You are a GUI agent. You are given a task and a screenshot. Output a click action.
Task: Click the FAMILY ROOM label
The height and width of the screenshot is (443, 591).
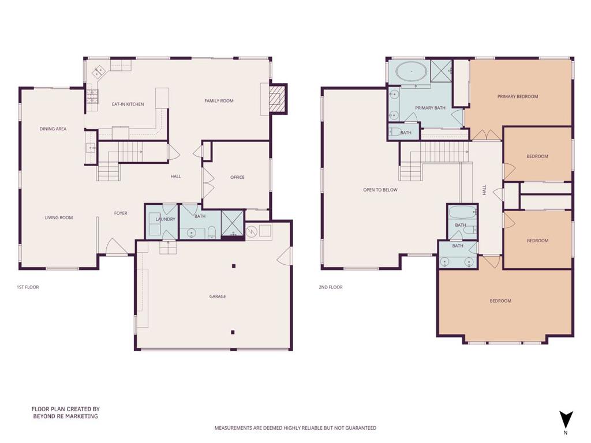[x=219, y=100]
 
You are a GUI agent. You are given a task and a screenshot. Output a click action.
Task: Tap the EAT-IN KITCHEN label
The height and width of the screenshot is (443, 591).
[x=128, y=104]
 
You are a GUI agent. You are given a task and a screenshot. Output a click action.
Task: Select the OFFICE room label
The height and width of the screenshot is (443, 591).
[x=237, y=177]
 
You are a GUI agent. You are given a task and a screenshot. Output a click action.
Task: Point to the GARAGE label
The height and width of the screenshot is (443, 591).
[x=218, y=296]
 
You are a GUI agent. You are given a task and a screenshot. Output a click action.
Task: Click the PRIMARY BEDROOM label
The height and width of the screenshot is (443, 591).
[x=518, y=96]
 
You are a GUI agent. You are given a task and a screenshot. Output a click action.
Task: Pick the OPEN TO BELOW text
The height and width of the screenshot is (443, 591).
[x=380, y=190]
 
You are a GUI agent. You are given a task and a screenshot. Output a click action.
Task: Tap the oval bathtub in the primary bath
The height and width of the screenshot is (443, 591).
[x=411, y=71]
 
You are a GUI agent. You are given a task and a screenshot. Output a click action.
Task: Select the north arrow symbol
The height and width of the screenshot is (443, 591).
[x=566, y=420]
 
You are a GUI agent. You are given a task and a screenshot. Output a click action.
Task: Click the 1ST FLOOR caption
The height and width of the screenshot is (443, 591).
[x=28, y=287]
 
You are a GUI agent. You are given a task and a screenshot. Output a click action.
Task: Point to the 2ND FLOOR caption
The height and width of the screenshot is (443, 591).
[x=331, y=287]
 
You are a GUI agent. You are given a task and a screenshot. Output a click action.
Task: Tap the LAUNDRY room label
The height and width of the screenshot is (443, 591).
[x=166, y=219]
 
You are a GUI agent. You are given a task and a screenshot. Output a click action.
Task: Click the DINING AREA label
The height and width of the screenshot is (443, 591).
[x=53, y=129]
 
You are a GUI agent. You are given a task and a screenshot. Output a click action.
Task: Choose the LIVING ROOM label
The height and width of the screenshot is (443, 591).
[x=59, y=217]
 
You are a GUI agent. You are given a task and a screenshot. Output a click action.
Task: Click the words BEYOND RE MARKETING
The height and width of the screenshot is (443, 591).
[x=66, y=416]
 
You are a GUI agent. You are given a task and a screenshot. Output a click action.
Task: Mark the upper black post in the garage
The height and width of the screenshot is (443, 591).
[x=234, y=266]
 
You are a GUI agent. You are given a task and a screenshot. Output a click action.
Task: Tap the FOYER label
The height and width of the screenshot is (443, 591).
[x=121, y=213]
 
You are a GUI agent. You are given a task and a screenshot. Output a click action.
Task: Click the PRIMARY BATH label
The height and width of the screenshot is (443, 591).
[x=430, y=108]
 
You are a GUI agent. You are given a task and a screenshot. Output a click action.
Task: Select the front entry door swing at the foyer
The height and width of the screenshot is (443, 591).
[x=115, y=247]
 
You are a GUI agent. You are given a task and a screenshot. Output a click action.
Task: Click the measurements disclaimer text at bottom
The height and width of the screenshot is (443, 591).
[x=295, y=428]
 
